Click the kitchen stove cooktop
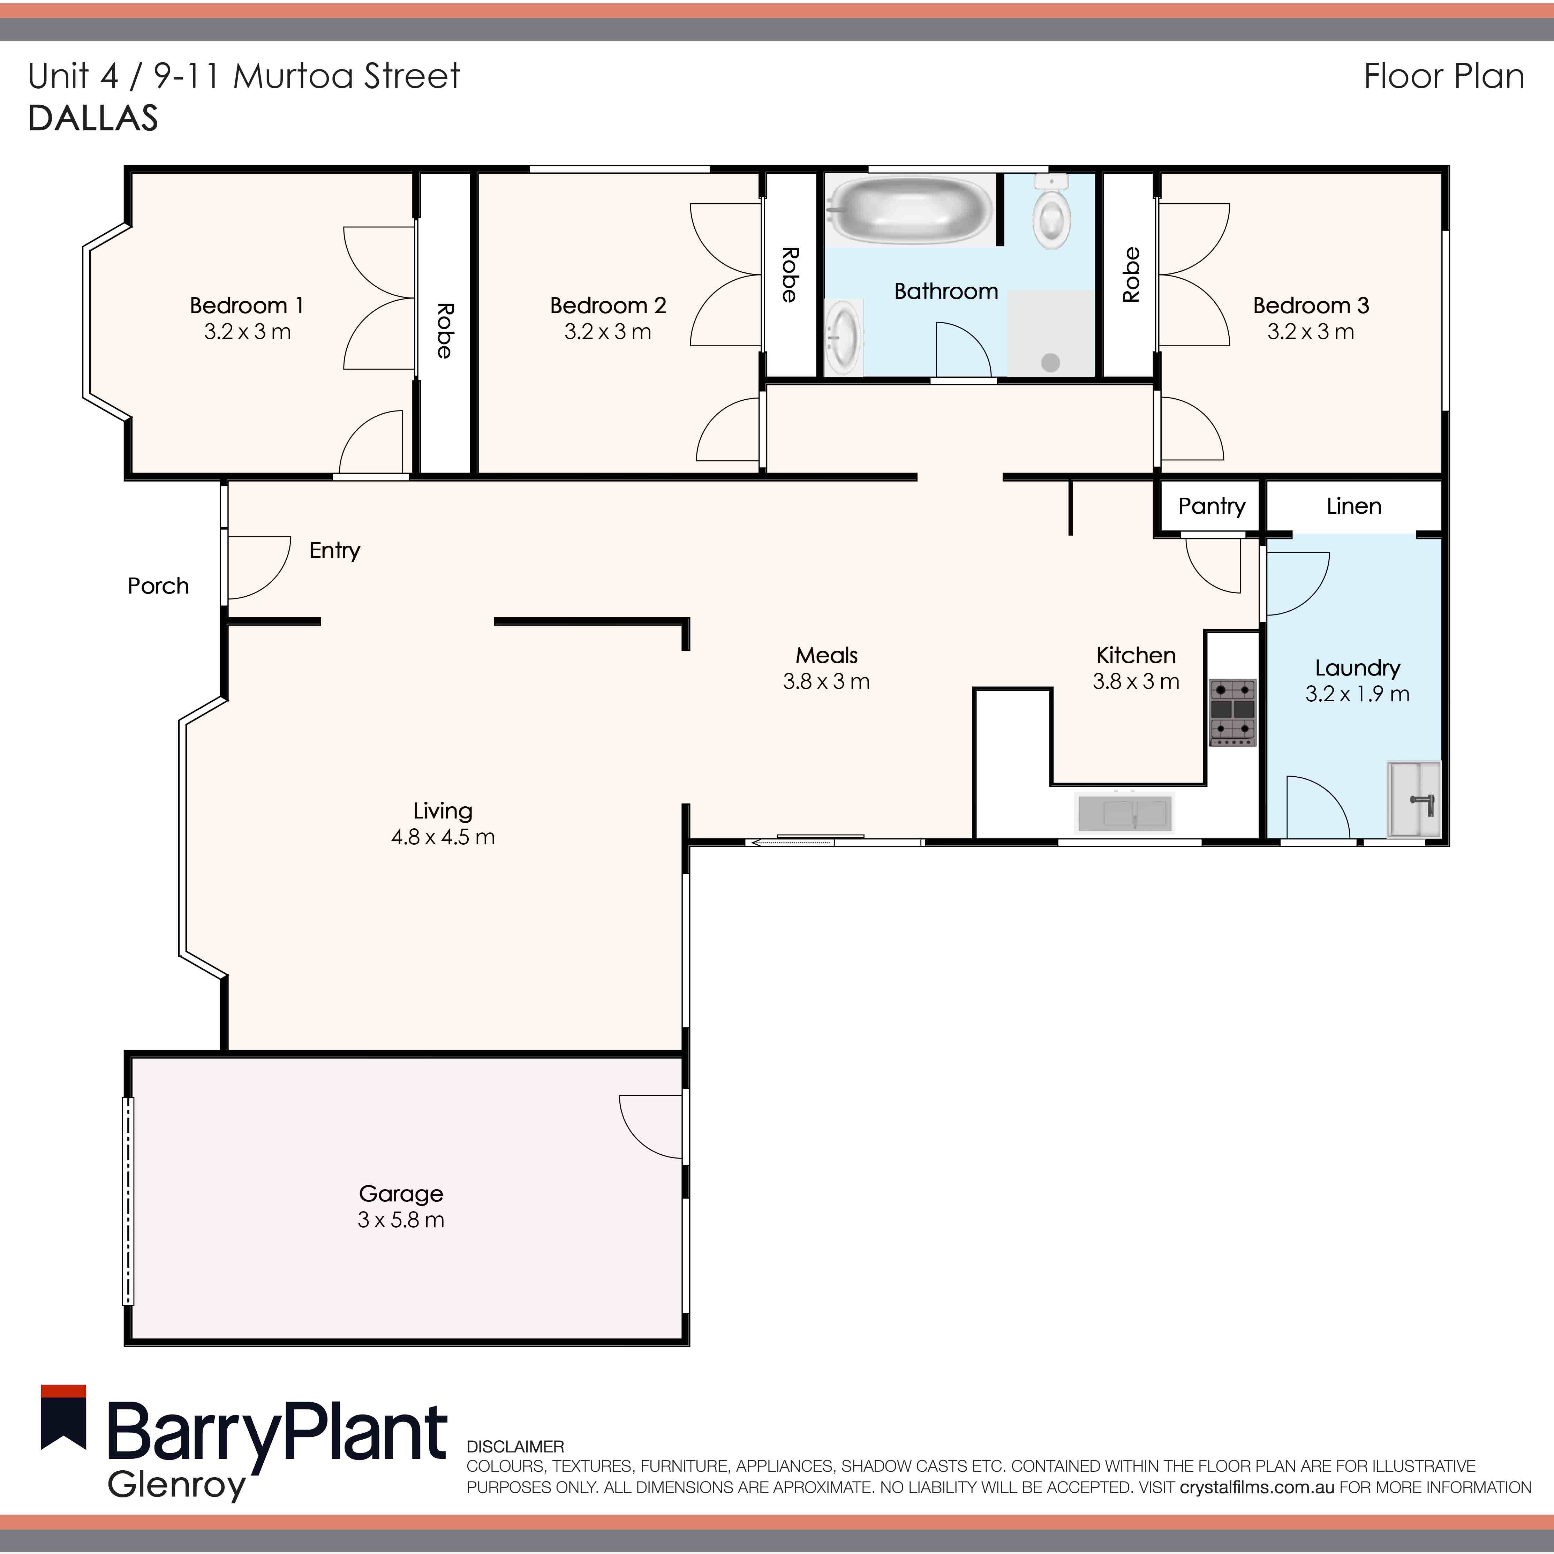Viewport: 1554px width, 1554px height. point(1232,711)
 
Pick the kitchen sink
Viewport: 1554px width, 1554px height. point(1124,812)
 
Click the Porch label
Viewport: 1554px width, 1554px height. point(158,586)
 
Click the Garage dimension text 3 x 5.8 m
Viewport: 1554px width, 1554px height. point(401,1220)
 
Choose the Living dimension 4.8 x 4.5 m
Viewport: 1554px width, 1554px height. point(443,837)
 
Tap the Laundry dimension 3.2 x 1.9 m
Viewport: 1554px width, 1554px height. point(1357,694)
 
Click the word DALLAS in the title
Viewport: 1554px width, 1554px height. point(93,118)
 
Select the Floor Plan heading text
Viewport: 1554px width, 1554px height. point(1444,76)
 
